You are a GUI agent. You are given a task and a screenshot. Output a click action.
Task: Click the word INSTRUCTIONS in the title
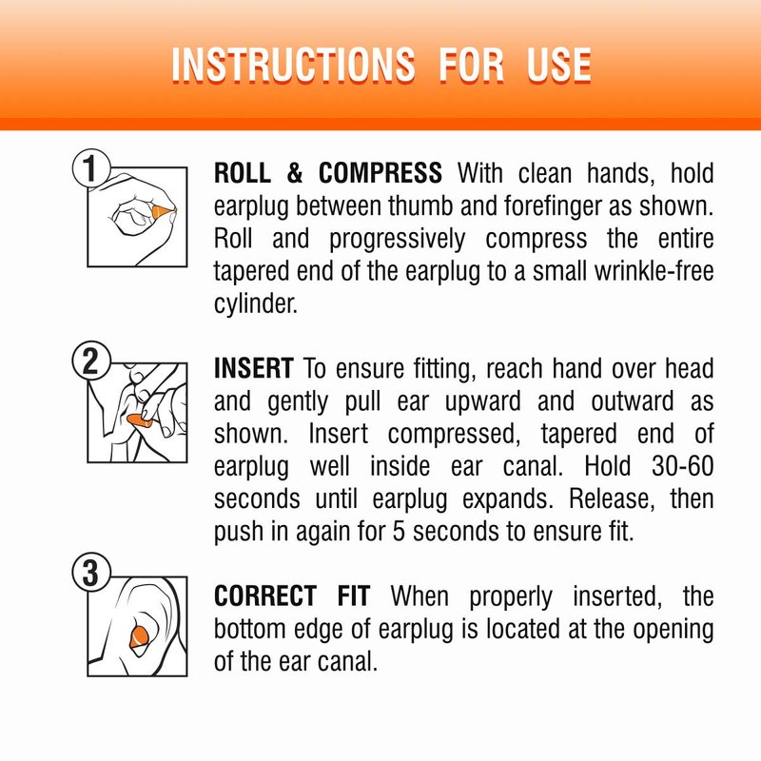(x=293, y=65)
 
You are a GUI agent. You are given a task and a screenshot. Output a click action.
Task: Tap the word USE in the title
(x=559, y=65)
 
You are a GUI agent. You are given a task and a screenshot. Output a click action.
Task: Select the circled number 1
(x=90, y=168)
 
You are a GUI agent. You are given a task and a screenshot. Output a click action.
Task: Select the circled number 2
(x=90, y=361)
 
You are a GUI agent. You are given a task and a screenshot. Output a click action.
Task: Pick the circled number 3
(x=90, y=573)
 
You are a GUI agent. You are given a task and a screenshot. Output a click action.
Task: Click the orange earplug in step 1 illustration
(x=164, y=211)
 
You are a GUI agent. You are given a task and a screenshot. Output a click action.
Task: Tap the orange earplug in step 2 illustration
(x=139, y=420)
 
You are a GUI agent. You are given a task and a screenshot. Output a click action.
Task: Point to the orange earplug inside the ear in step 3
(x=140, y=636)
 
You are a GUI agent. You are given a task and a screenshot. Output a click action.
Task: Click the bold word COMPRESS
(x=380, y=173)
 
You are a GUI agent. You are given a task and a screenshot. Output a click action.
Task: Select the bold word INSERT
(x=253, y=368)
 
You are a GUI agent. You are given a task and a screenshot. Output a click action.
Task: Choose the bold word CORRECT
(x=265, y=596)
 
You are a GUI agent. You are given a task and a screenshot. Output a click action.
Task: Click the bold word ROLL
(x=243, y=173)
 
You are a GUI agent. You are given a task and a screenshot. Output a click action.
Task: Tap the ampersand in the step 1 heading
(x=295, y=173)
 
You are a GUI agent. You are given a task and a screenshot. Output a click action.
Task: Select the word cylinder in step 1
(x=255, y=304)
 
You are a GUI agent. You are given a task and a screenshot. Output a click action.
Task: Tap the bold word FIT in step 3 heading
(x=354, y=596)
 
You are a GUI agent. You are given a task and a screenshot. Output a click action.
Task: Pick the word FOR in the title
(x=471, y=65)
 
